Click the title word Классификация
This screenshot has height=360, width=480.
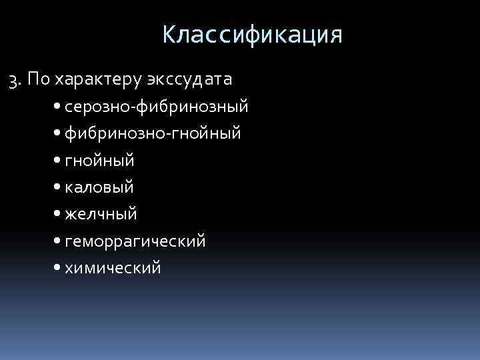[x=252, y=35]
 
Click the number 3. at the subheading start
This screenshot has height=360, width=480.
[x=15, y=81]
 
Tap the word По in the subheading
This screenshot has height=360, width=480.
[x=39, y=80]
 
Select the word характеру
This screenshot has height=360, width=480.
[x=95, y=81]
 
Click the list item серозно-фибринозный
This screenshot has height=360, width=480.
[x=157, y=107]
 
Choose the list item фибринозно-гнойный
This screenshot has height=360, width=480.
[x=153, y=134]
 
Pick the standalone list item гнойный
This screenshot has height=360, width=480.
[x=99, y=161]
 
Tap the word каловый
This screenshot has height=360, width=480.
[x=99, y=187]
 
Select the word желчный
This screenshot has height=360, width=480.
[x=101, y=214]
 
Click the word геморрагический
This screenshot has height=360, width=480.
[x=135, y=241]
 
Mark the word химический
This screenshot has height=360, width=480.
[x=113, y=267]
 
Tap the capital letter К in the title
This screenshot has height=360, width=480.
[x=169, y=35]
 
